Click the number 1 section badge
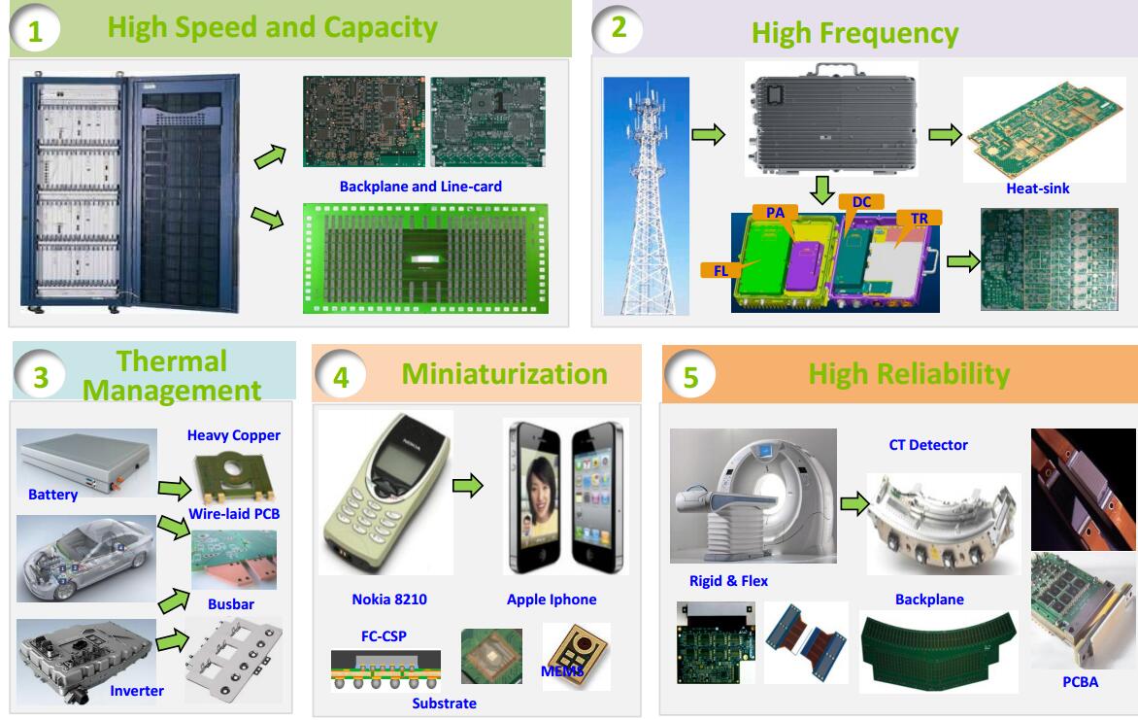[x=35, y=32]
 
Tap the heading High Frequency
[x=854, y=34]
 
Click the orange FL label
[x=720, y=270]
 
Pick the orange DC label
[x=861, y=201]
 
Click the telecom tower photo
[x=645, y=195]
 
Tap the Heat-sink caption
[x=1039, y=189]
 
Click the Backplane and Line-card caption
[x=420, y=186]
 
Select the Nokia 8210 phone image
[x=385, y=494]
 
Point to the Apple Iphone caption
[x=552, y=600]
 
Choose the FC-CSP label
[x=384, y=636]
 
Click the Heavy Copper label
[x=233, y=435]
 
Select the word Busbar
[x=231, y=603]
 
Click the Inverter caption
[x=136, y=691]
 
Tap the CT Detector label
[x=928, y=445]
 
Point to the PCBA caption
[x=1081, y=681]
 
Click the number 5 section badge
[x=690, y=377]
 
